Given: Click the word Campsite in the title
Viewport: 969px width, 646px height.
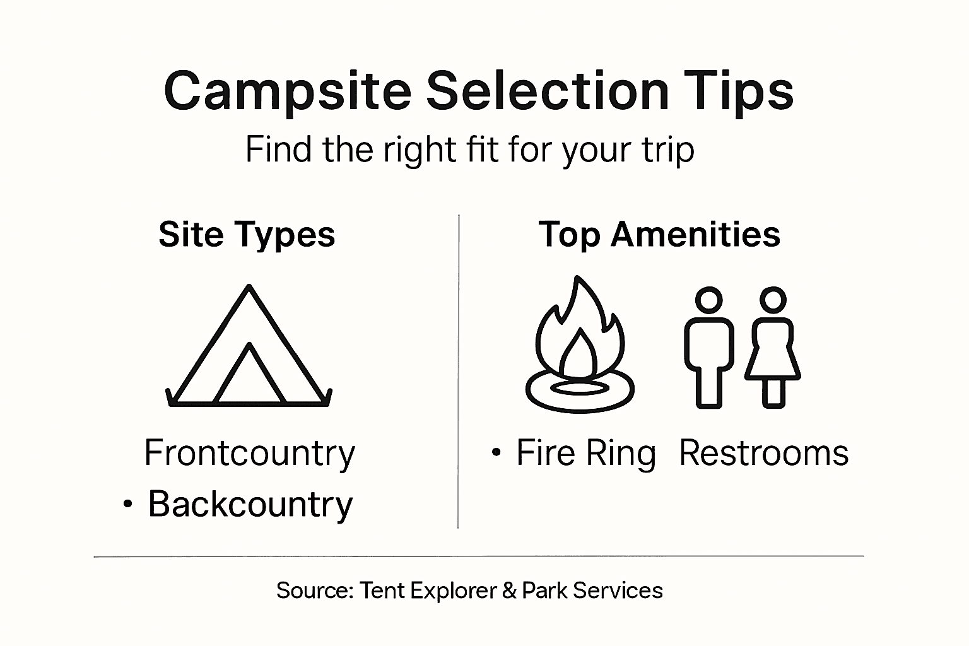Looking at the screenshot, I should point(287,91).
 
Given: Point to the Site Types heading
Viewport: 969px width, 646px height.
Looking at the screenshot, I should point(247,235).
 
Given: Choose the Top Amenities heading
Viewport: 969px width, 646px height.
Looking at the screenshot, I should point(659,235).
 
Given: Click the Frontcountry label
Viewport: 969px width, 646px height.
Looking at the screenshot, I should point(250,453).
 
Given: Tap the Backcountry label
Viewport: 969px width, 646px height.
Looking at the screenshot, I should point(250,504).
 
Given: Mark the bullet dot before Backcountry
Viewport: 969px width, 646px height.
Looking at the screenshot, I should point(128,504).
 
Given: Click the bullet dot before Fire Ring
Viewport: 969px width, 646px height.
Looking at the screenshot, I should point(497,452).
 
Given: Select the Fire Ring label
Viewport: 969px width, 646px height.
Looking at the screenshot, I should point(586,453).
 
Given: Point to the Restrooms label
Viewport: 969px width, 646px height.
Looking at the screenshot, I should point(763,453).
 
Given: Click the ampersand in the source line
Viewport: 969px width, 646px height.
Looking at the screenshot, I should point(510,590).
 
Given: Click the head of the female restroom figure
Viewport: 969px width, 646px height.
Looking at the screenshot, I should point(772,300).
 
